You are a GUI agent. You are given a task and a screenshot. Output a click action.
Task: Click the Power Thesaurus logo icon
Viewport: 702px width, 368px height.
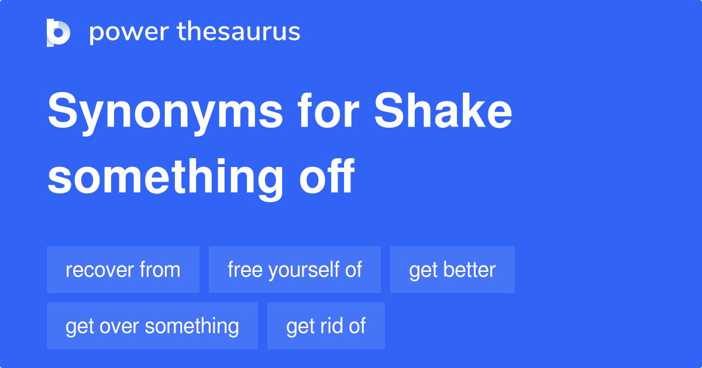[58, 32]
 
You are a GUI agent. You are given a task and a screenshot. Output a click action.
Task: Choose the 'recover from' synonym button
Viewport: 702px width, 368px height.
[123, 270]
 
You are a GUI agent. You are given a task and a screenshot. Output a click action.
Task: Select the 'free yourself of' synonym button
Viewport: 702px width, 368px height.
[295, 270]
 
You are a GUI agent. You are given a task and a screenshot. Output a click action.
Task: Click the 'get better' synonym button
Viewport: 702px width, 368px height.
[452, 270]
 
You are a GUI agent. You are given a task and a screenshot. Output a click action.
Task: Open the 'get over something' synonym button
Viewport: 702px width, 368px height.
[152, 326]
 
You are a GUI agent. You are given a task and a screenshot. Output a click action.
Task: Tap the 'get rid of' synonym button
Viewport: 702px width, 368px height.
[326, 326]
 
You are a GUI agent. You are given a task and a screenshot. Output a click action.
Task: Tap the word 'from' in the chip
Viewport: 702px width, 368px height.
[160, 270]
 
